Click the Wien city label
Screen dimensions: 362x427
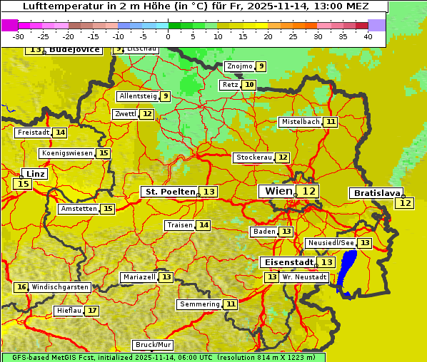click(x=278, y=191)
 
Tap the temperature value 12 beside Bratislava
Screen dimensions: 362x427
click(x=405, y=203)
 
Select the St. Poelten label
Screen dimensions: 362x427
click(x=170, y=192)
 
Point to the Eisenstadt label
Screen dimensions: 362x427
click(x=286, y=262)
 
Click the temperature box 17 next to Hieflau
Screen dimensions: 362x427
click(x=92, y=311)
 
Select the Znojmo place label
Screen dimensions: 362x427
click(x=239, y=66)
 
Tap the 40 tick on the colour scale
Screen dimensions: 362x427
click(x=368, y=36)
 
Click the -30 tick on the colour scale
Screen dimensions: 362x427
click(x=19, y=36)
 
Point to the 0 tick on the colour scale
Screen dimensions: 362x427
click(x=169, y=36)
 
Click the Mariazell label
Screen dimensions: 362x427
click(x=139, y=276)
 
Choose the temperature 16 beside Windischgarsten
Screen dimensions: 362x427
click(x=21, y=287)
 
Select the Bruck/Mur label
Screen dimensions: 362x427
click(x=154, y=345)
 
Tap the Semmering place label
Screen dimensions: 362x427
click(x=200, y=304)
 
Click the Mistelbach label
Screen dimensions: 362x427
click(x=300, y=122)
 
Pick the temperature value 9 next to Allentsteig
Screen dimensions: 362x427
click(x=165, y=96)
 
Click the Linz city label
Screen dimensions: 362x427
click(x=36, y=174)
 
